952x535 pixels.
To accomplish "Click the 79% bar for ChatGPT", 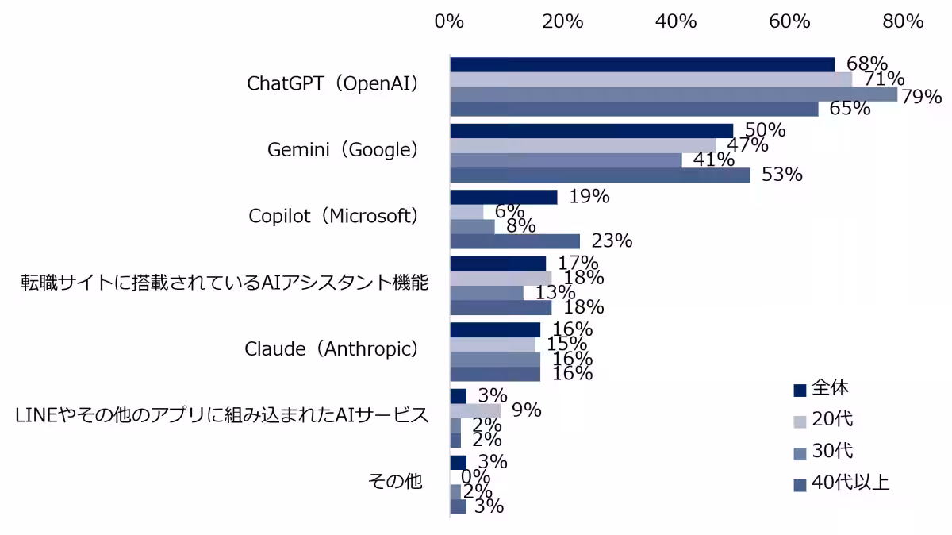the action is point(674,94).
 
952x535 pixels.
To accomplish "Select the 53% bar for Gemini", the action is point(600,175).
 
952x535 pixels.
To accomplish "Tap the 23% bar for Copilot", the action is point(515,241).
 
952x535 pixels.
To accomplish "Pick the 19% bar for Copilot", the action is point(504,198).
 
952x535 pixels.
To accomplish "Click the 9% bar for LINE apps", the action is point(475,411).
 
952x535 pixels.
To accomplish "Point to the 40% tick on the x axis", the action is point(676,21).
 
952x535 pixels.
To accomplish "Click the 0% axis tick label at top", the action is point(449,21).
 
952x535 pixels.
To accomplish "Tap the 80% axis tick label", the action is point(903,21).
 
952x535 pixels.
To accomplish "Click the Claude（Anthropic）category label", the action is point(332,349).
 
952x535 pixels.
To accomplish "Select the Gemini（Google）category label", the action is point(343,150).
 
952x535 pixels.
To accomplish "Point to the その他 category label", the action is point(395,481).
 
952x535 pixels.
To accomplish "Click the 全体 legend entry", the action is point(821,388).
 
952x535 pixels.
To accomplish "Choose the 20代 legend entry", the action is point(823,419).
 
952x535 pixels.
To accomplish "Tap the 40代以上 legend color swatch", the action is point(800,486).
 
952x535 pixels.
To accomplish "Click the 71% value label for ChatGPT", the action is point(884,79).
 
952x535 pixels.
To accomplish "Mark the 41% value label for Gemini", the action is point(713,160).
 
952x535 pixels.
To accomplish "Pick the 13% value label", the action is point(555,293).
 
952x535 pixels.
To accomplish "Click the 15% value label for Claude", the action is point(566,344).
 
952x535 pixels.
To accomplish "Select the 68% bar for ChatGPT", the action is point(643,64).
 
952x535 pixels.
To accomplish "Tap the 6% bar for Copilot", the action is point(466,212).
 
